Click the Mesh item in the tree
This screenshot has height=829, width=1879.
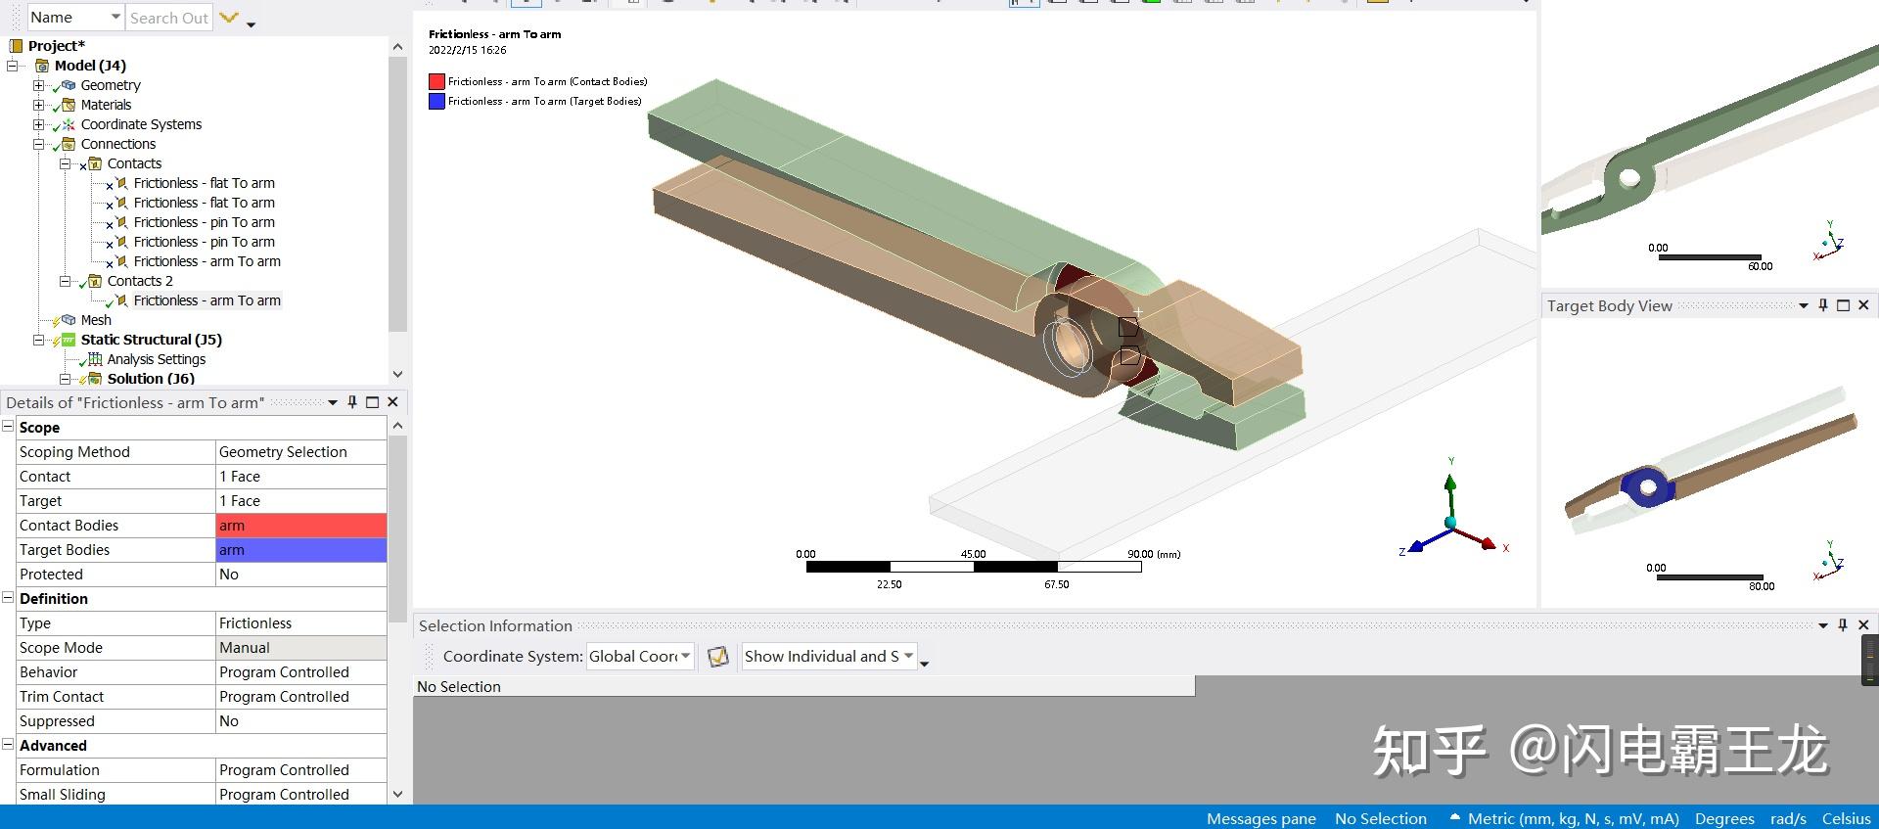tap(95, 320)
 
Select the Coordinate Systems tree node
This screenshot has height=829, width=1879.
tap(141, 124)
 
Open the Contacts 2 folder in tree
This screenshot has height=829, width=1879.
tap(139, 281)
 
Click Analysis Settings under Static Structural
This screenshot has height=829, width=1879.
tap(156, 359)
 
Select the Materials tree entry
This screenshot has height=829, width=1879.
tap(106, 105)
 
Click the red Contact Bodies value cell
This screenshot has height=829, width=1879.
tap(300, 526)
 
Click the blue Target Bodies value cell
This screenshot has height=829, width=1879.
tap(300, 550)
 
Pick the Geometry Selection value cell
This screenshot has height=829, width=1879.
tap(300, 452)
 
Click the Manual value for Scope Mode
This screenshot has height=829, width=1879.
tap(300, 648)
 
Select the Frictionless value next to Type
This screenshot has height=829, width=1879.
tap(300, 623)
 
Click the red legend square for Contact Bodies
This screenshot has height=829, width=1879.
tap(436, 81)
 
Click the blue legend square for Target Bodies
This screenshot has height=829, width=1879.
tap(436, 101)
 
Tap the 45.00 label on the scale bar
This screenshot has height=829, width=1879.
tap(973, 554)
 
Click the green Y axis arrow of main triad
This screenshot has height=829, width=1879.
tap(1450, 484)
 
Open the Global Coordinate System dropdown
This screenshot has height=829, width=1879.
tap(640, 657)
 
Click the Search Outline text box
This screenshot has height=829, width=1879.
tap(168, 18)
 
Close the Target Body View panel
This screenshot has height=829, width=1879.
tap(1863, 305)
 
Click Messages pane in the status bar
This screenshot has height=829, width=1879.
tap(1260, 818)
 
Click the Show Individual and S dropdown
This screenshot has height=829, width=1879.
tap(828, 657)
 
